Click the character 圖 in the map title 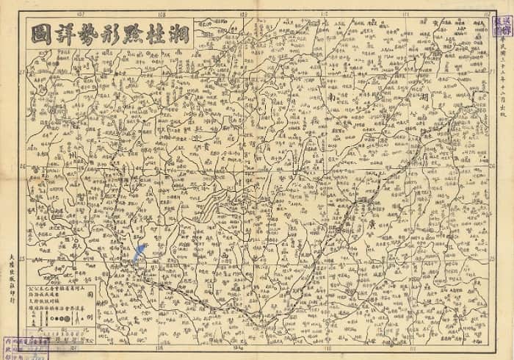40,34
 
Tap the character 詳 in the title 64,34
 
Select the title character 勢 88,34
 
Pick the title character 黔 136,34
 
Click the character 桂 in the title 159,34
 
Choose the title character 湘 183,34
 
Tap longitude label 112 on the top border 488,13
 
